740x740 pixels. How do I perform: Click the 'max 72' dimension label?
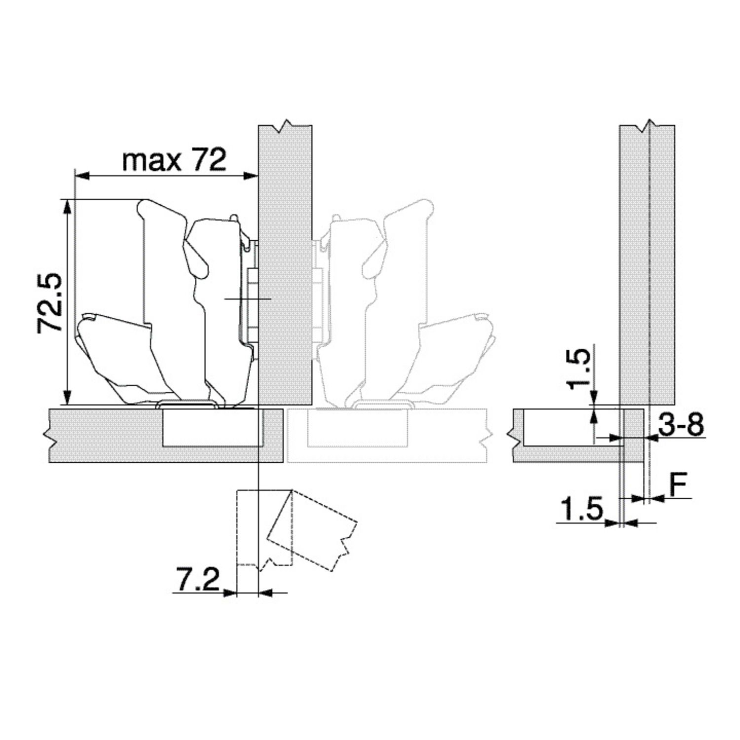(x=175, y=159)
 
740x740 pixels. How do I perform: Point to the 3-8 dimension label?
(x=681, y=425)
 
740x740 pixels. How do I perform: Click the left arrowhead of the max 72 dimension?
(x=81, y=175)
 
